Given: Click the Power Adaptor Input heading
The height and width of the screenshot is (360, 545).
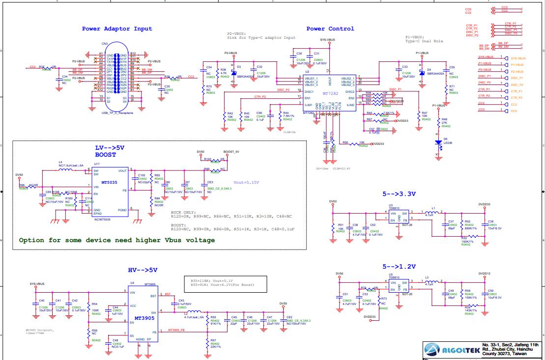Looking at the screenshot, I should (117, 29).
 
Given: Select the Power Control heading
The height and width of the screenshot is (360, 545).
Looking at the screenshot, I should (330, 29).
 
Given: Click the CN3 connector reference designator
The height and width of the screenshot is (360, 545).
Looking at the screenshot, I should (104, 44).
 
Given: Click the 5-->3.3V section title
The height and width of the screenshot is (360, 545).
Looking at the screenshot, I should (399, 194).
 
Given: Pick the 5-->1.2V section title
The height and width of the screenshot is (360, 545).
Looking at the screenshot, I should (399, 267).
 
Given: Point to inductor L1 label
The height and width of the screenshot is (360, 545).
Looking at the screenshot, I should (433, 209).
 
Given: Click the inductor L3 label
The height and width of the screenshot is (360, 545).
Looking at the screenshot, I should (427, 277).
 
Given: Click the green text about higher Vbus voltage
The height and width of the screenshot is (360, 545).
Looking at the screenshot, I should (117, 240).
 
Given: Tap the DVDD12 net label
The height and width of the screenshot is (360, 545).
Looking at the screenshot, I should (484, 273).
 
